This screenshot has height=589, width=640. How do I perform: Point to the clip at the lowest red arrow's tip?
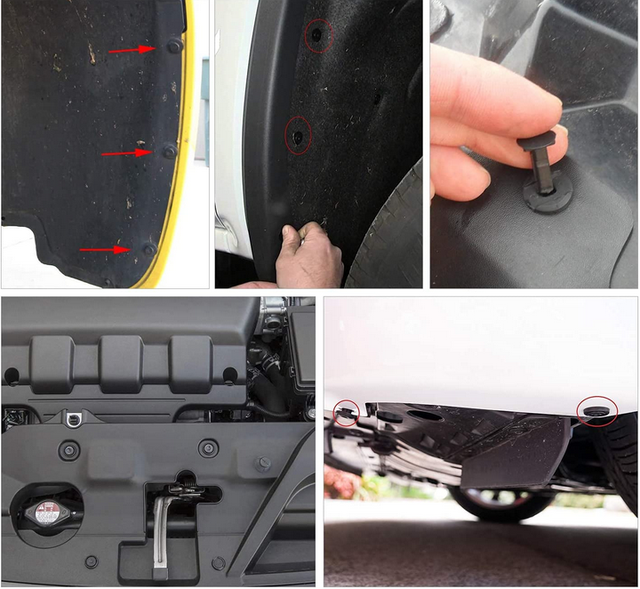click(148, 250)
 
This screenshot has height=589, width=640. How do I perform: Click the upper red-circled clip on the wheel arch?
click(316, 36)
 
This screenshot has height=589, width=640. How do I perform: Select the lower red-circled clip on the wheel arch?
click(298, 135)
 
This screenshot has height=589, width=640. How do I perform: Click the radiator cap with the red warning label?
click(44, 512)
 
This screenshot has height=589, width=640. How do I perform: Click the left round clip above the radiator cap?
click(69, 450)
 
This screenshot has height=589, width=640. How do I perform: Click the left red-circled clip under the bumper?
click(346, 411)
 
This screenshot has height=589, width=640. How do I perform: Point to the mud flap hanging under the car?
click(516, 454)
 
